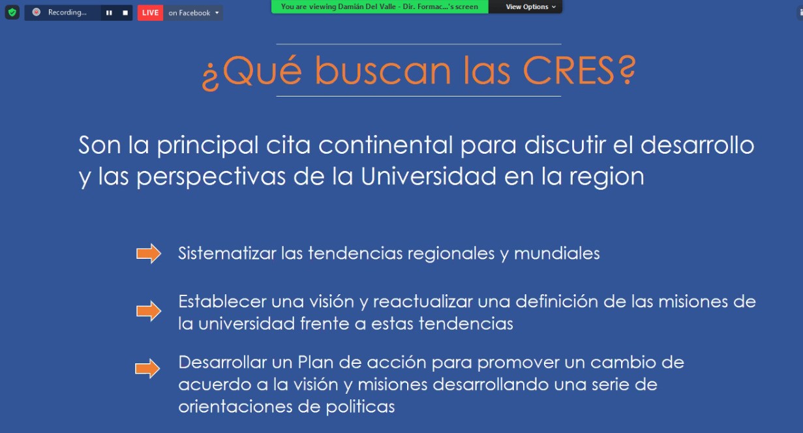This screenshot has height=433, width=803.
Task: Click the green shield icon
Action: coord(12,12)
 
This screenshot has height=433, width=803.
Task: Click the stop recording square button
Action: coord(125,13)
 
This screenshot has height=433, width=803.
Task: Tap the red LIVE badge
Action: coord(150,13)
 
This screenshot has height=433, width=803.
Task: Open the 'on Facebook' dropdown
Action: coord(193,13)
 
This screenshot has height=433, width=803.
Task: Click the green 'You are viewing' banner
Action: coord(380,7)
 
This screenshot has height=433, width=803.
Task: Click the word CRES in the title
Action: coord(569,70)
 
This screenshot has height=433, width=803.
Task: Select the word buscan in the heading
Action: coord(382,70)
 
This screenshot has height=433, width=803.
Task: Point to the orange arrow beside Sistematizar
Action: coord(149,254)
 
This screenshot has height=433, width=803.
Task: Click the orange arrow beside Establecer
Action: coord(149,311)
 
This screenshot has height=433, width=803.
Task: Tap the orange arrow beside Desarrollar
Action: coord(147,368)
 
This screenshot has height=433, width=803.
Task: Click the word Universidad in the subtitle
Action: coord(429,176)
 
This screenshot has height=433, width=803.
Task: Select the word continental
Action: coord(386,145)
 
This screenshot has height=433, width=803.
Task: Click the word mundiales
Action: coord(556,254)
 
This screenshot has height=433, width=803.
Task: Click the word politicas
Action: coord(360,407)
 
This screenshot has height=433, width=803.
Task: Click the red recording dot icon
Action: coord(37,12)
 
